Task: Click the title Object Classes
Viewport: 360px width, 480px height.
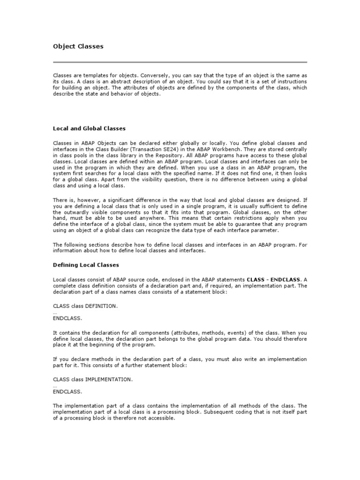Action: pyautogui.click(x=78, y=46)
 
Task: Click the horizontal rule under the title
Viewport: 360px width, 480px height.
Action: pyautogui.click(x=180, y=62)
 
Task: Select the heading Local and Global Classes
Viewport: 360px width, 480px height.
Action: pyautogui.click(x=89, y=128)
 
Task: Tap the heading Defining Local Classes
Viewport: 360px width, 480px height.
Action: pyautogui.click(x=86, y=265)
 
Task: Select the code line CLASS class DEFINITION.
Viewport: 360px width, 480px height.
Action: pyautogui.click(x=85, y=306)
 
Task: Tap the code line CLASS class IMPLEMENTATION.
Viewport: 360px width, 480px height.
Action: pyautogui.click(x=93, y=379)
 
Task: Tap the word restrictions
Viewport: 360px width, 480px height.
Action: pyautogui.click(x=254, y=218)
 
